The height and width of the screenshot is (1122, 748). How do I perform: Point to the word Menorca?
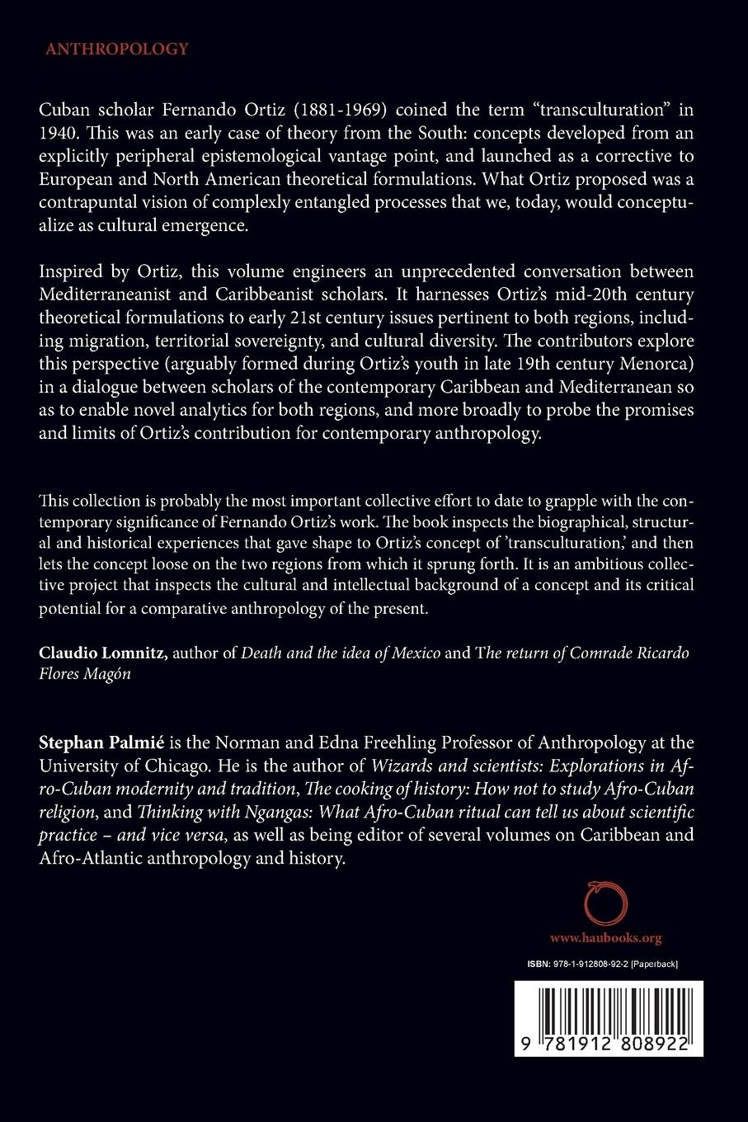tap(664, 387)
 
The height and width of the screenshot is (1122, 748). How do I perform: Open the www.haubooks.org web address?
tap(605, 939)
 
